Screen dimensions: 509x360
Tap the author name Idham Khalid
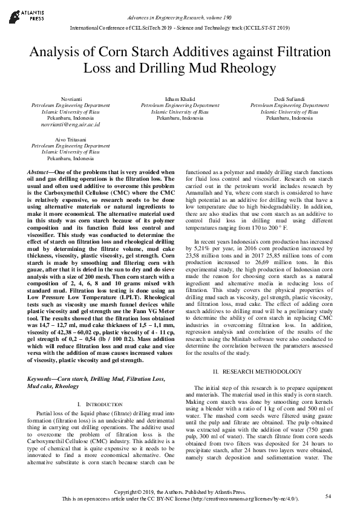[180, 99]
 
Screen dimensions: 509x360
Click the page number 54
[328, 496]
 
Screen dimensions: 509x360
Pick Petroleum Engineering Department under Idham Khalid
[180, 105]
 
